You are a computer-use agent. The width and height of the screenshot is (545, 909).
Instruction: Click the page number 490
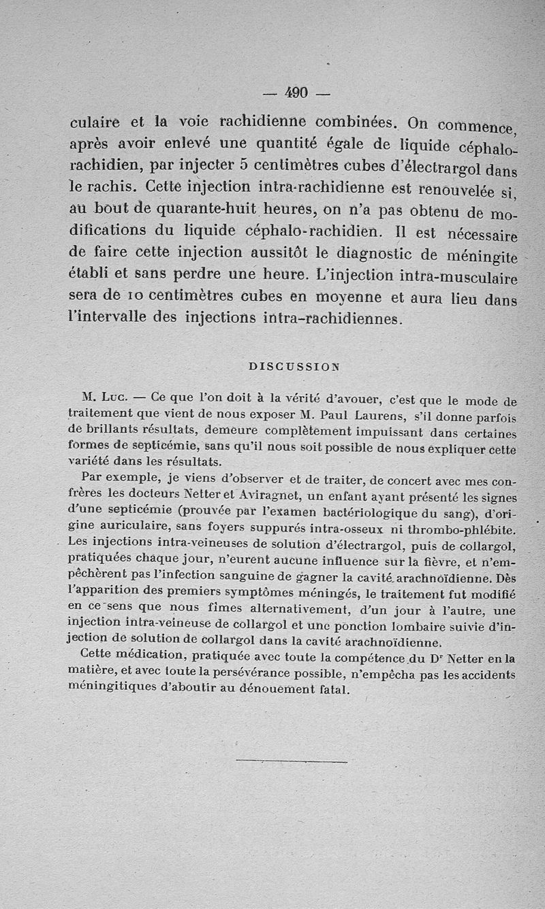coord(297,93)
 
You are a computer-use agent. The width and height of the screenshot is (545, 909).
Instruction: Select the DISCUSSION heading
coord(294,366)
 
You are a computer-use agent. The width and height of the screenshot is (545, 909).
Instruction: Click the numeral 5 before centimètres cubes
coord(243,166)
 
